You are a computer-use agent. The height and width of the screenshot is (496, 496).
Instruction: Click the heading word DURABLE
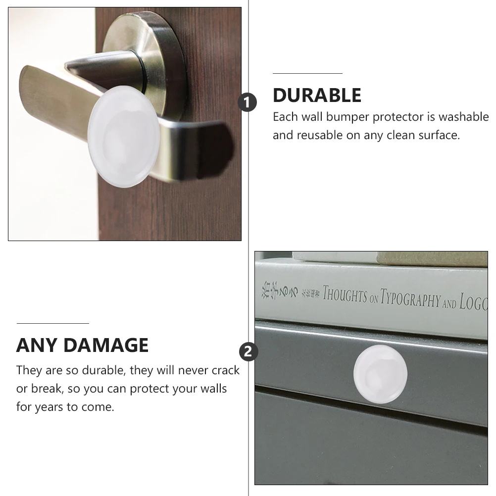pos(317,96)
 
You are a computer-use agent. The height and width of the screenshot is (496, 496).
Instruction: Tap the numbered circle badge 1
pos(248,102)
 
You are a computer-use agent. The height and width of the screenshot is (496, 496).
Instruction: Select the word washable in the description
pos(463,117)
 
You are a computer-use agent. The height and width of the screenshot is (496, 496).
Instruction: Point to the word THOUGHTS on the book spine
pos(345,296)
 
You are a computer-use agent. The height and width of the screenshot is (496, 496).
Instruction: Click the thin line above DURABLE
pos(307,73)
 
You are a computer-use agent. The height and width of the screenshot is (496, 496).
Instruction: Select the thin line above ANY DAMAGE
pos(53,323)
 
